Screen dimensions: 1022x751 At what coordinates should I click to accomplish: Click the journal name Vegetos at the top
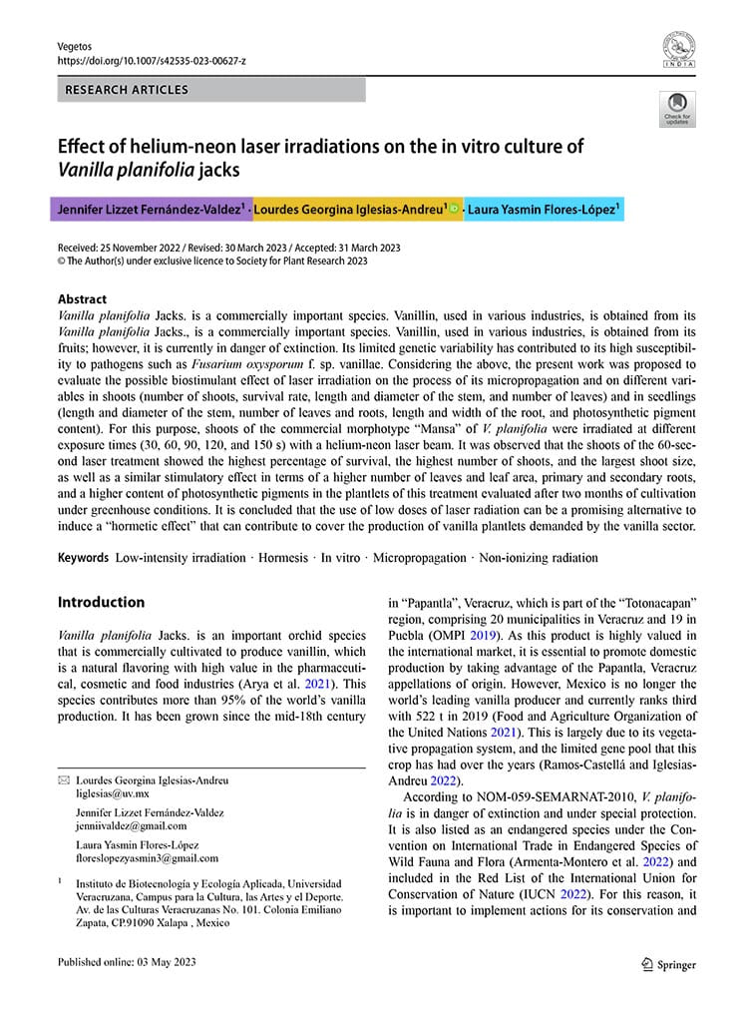(x=73, y=44)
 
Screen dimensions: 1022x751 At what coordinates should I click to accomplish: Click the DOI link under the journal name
(x=151, y=60)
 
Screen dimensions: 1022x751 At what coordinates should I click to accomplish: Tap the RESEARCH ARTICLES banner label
(x=127, y=90)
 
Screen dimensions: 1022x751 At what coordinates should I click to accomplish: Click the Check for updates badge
(x=677, y=109)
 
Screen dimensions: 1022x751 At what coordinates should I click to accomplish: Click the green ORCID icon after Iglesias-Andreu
(x=455, y=211)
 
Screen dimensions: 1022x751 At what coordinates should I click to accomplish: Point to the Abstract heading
(x=82, y=299)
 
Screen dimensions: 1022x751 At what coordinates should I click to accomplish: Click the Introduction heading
(x=101, y=602)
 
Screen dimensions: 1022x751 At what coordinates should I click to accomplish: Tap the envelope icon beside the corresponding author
(x=64, y=780)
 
